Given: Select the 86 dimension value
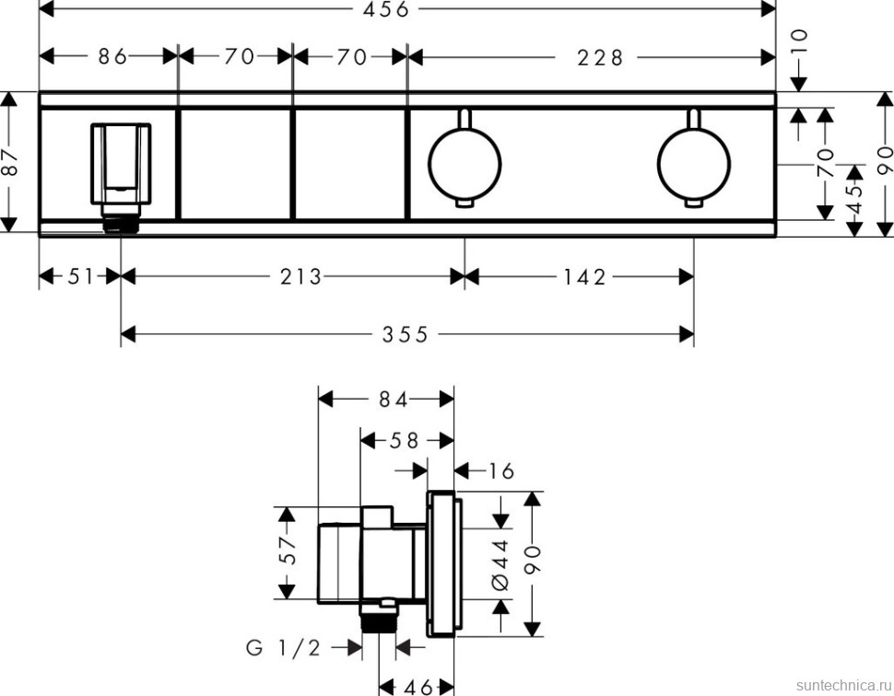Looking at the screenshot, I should (112, 57).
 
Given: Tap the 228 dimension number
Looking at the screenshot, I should (600, 57).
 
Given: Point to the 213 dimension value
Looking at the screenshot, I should (300, 276).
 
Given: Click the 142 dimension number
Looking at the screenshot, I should (583, 276).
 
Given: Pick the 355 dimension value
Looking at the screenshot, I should (406, 335).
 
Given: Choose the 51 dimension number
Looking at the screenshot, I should (81, 276).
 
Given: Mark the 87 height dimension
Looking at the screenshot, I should (10, 164).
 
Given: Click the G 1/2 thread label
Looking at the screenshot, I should (283, 648).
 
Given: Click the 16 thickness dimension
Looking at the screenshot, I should (500, 471).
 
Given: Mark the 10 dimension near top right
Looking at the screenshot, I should (799, 41).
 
